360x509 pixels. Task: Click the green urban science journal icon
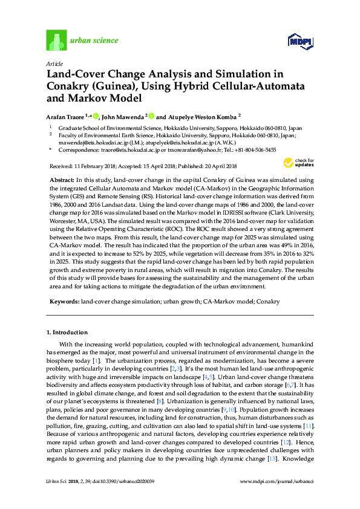pyautogui.click(x=56, y=41)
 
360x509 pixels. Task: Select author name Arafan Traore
pyautogui.click(x=67, y=116)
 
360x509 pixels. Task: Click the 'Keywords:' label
pyautogui.click(x=63, y=300)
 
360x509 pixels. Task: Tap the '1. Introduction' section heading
pyautogui.click(x=67, y=332)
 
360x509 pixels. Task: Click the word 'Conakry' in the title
pyautogui.click(x=68, y=85)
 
